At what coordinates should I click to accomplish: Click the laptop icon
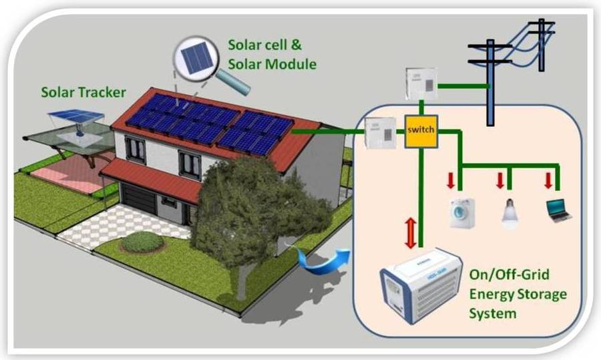pyautogui.click(x=558, y=210)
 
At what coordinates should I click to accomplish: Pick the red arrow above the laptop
pyautogui.click(x=549, y=180)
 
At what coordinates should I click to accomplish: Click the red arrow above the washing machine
pyautogui.click(x=452, y=180)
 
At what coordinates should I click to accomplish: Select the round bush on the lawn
pyautogui.click(x=142, y=241)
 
